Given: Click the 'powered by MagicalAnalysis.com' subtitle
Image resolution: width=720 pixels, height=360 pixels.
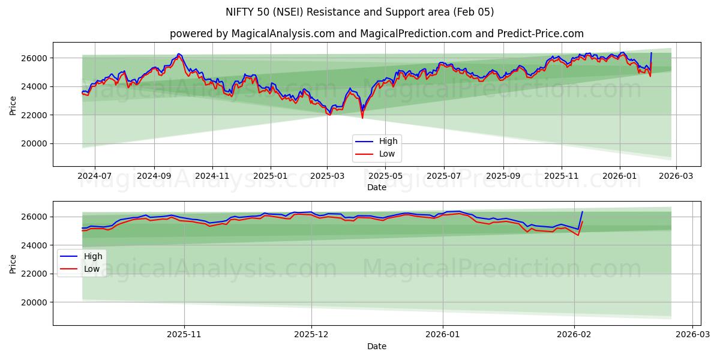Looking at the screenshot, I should (x=376, y=34).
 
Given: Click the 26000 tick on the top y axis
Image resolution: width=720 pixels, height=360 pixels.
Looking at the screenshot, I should (x=35, y=58).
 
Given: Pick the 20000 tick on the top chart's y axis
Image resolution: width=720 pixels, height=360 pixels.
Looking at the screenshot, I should (x=35, y=143).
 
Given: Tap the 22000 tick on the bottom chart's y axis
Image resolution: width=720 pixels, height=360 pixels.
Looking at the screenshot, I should (x=35, y=274).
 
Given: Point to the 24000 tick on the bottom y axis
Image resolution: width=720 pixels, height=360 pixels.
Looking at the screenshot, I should (x=35, y=245).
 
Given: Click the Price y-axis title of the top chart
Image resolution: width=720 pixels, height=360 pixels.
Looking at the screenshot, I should (x=13, y=104).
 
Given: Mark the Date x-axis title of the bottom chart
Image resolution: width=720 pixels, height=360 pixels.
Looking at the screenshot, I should (x=376, y=346).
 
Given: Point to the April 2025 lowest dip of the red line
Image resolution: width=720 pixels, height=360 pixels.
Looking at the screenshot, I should (x=362, y=118).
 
